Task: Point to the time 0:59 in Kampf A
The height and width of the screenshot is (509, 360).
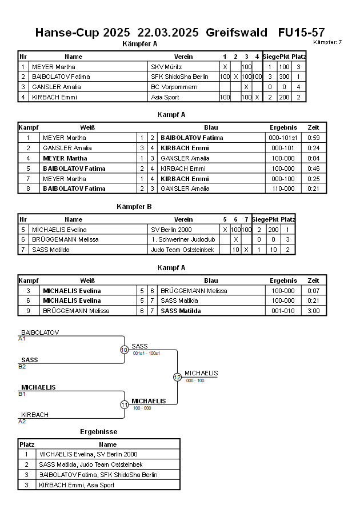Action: pos(313,138)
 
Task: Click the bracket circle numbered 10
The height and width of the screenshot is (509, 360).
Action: pos(124,350)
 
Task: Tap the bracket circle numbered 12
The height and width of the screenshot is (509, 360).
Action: pos(177,377)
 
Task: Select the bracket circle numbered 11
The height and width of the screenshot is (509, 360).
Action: pos(124,404)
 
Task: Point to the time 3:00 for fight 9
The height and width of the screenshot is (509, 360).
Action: pos(313,311)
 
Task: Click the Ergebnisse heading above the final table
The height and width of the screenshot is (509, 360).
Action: pos(98,432)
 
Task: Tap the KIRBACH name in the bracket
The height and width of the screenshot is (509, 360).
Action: pos(35,415)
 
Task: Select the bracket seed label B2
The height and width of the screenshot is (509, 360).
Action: pos(22,366)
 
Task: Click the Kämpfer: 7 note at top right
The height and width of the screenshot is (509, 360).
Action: pos(328,42)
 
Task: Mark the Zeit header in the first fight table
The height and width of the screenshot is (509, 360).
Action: pos(313,127)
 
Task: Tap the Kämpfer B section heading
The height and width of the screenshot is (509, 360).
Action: pos(133,207)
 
